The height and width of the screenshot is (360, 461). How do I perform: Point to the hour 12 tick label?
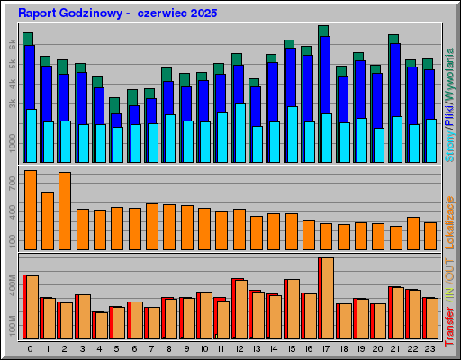(x=239, y=348)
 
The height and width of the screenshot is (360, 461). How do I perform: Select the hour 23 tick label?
(x=429, y=348)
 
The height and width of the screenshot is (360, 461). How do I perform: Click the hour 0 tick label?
(x=30, y=348)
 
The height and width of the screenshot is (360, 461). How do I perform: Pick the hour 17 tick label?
(x=325, y=348)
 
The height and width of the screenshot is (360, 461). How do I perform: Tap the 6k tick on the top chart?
(x=12, y=44)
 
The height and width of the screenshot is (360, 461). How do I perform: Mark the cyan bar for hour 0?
(x=31, y=135)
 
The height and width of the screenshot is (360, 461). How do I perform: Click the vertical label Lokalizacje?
(x=450, y=216)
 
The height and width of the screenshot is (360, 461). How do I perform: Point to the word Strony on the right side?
(x=450, y=144)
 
